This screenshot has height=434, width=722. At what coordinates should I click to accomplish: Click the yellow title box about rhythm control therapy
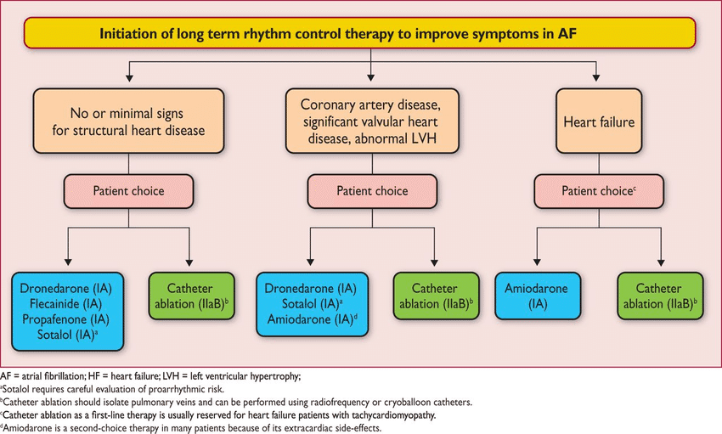(x=361, y=35)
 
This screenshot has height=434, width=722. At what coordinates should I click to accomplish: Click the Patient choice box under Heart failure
(x=598, y=191)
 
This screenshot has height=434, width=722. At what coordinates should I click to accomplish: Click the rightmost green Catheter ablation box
(x=660, y=296)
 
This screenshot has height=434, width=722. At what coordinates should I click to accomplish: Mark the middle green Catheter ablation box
(x=434, y=296)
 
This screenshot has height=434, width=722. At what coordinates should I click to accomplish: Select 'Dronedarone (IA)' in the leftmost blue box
(x=68, y=288)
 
